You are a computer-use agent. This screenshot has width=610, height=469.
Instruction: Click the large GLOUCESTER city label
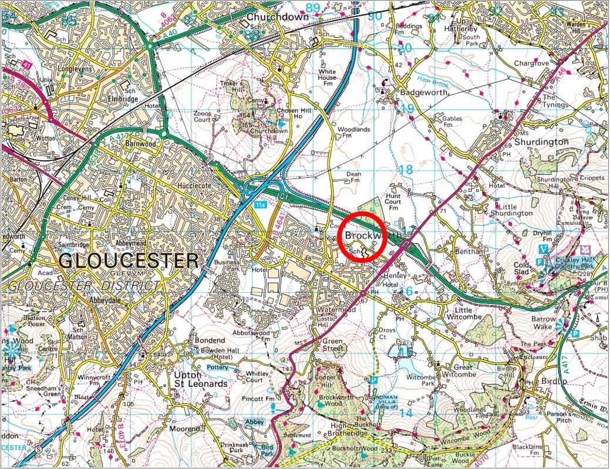click(130, 260)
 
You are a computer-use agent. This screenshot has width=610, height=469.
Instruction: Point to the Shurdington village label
click(541, 141)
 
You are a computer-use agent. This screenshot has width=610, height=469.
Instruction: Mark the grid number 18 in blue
click(406, 169)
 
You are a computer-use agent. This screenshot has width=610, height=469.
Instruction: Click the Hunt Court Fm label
click(393, 201)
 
